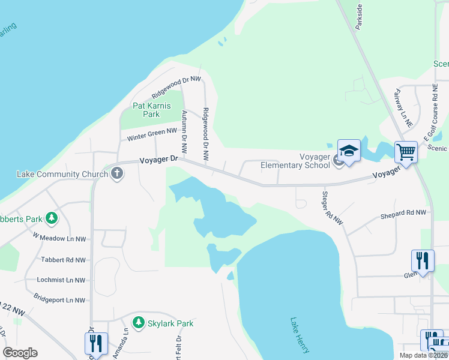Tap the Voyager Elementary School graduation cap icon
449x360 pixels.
click(349, 150)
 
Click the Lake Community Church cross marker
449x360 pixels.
click(117, 175)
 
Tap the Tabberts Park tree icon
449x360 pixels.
click(52, 219)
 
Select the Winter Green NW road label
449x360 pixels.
click(152, 134)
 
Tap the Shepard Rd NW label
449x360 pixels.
click(403, 213)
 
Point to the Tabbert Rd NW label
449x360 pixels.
click(63, 260)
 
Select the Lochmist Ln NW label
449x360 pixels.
click(61, 280)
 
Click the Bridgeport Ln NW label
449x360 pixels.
click(59, 300)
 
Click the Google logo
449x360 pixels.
click(20, 353)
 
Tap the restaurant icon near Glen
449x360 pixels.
click(423, 260)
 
